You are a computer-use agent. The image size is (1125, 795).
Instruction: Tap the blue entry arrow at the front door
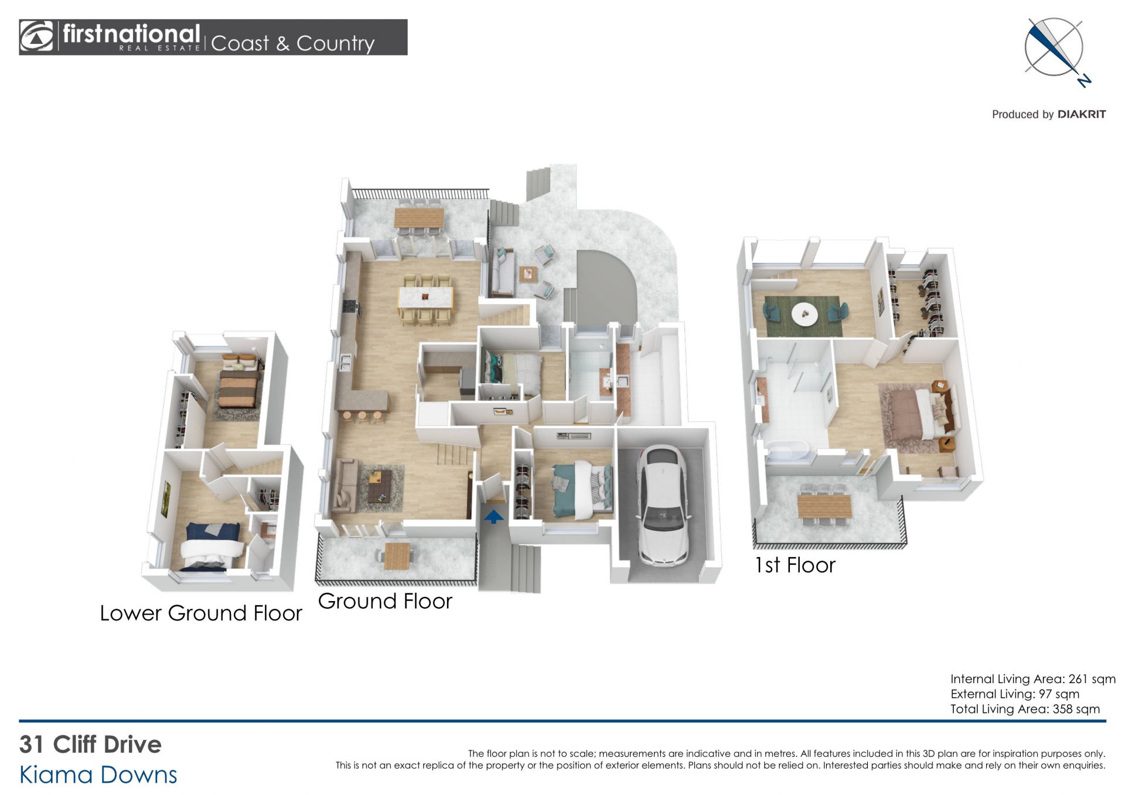(x=493, y=516)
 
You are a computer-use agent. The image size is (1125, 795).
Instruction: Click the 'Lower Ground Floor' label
(x=201, y=613)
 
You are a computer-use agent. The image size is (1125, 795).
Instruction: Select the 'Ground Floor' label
(x=385, y=601)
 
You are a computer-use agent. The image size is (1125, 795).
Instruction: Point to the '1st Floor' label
(x=795, y=565)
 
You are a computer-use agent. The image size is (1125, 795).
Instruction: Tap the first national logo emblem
(x=36, y=37)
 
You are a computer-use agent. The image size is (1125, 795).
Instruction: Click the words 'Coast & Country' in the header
(x=292, y=43)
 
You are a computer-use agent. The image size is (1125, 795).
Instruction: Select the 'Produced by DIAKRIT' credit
(x=1048, y=114)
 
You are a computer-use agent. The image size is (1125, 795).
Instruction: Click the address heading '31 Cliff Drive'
(x=90, y=744)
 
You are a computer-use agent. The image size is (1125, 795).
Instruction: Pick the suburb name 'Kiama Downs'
(x=98, y=774)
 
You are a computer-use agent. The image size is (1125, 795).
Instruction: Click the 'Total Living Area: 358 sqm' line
(x=1025, y=709)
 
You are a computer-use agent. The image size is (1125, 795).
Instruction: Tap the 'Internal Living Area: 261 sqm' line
(x=1032, y=679)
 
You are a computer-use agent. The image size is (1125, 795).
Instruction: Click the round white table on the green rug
(x=805, y=314)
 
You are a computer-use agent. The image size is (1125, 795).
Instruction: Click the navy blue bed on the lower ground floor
(x=212, y=547)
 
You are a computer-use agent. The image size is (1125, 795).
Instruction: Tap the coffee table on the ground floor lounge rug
(x=380, y=487)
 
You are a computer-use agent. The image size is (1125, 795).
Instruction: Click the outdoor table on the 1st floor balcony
(x=824, y=506)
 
